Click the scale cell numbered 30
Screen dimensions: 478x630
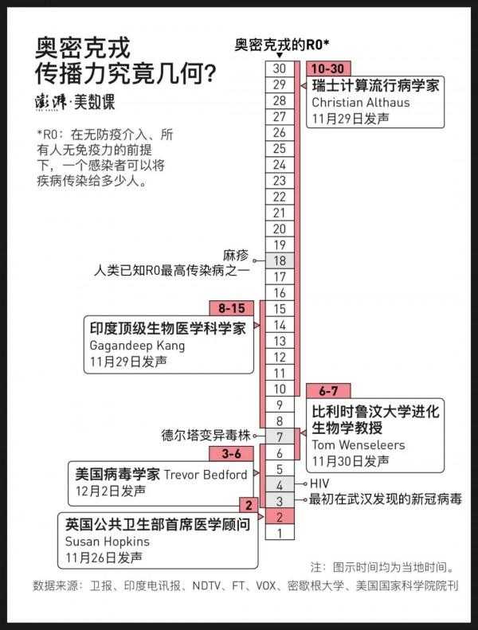[280, 68]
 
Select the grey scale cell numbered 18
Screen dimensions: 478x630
[280, 261]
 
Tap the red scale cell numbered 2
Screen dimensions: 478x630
[280, 518]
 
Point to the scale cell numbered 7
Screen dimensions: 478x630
[280, 437]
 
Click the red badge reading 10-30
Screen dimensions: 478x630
[328, 68]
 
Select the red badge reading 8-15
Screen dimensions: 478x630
[232, 308]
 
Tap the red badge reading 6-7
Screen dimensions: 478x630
[328, 391]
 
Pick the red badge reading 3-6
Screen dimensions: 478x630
[232, 454]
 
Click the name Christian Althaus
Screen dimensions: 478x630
[361, 103]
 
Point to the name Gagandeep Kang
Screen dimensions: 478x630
[137, 346]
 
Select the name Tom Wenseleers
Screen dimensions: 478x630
[358, 445]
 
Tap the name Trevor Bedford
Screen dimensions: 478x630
[206, 475]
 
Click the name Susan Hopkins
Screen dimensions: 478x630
[108, 542]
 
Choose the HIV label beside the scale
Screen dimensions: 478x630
[319, 483]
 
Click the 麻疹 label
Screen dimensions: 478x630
[236, 255]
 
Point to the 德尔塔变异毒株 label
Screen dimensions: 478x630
[206, 436]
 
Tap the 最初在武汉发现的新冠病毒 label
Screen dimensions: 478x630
[385, 499]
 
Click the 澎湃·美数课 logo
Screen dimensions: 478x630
[75, 103]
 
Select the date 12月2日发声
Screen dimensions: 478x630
[111, 491]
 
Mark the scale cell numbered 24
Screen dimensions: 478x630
[280, 165]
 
